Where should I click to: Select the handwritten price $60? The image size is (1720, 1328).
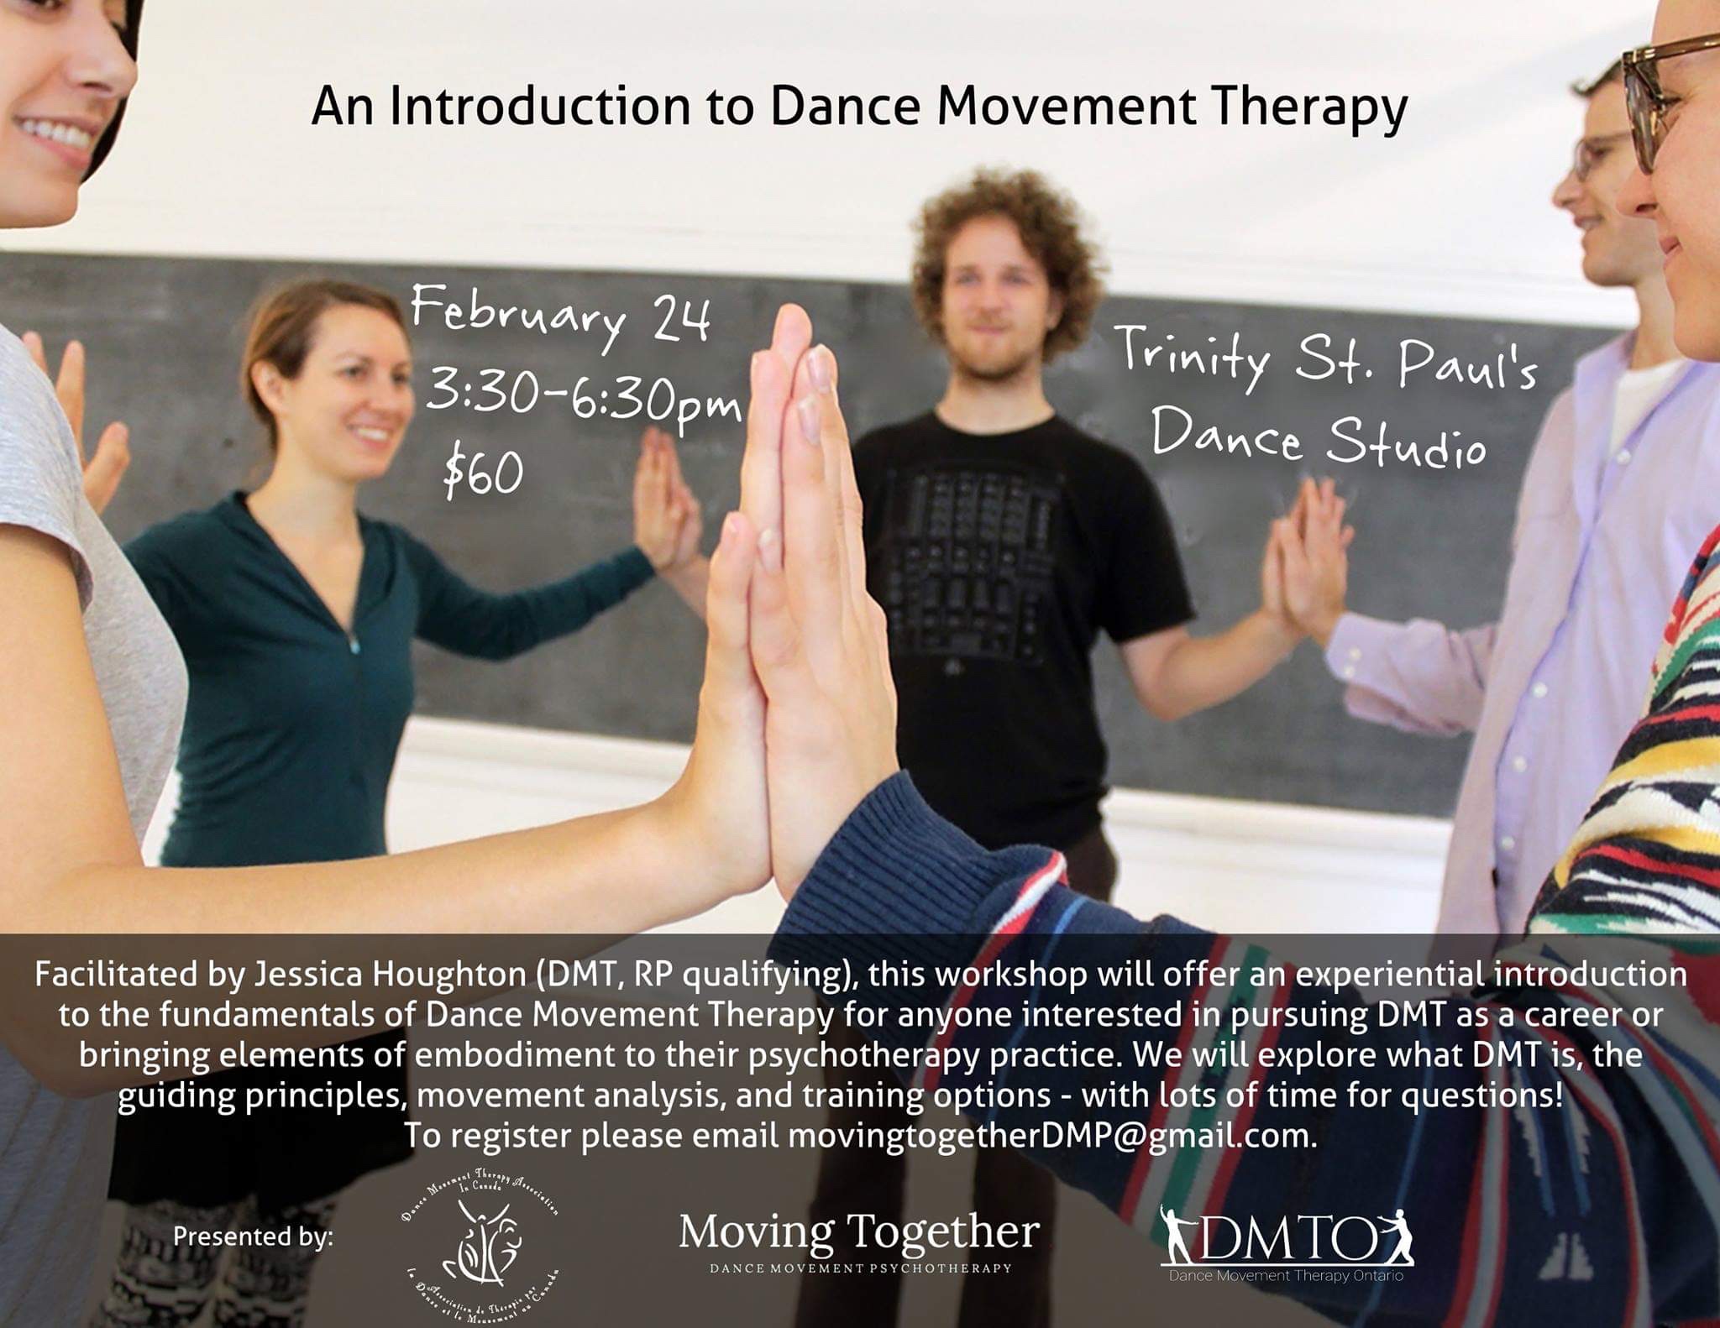pyautogui.click(x=483, y=472)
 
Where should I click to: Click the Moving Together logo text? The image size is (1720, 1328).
pyautogui.click(x=859, y=1232)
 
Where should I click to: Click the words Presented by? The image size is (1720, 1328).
pyautogui.click(x=253, y=1237)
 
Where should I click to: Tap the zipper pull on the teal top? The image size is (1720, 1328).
pyautogui.click(x=355, y=644)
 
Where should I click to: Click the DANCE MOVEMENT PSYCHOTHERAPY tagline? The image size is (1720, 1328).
pyautogui.click(x=860, y=1268)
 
